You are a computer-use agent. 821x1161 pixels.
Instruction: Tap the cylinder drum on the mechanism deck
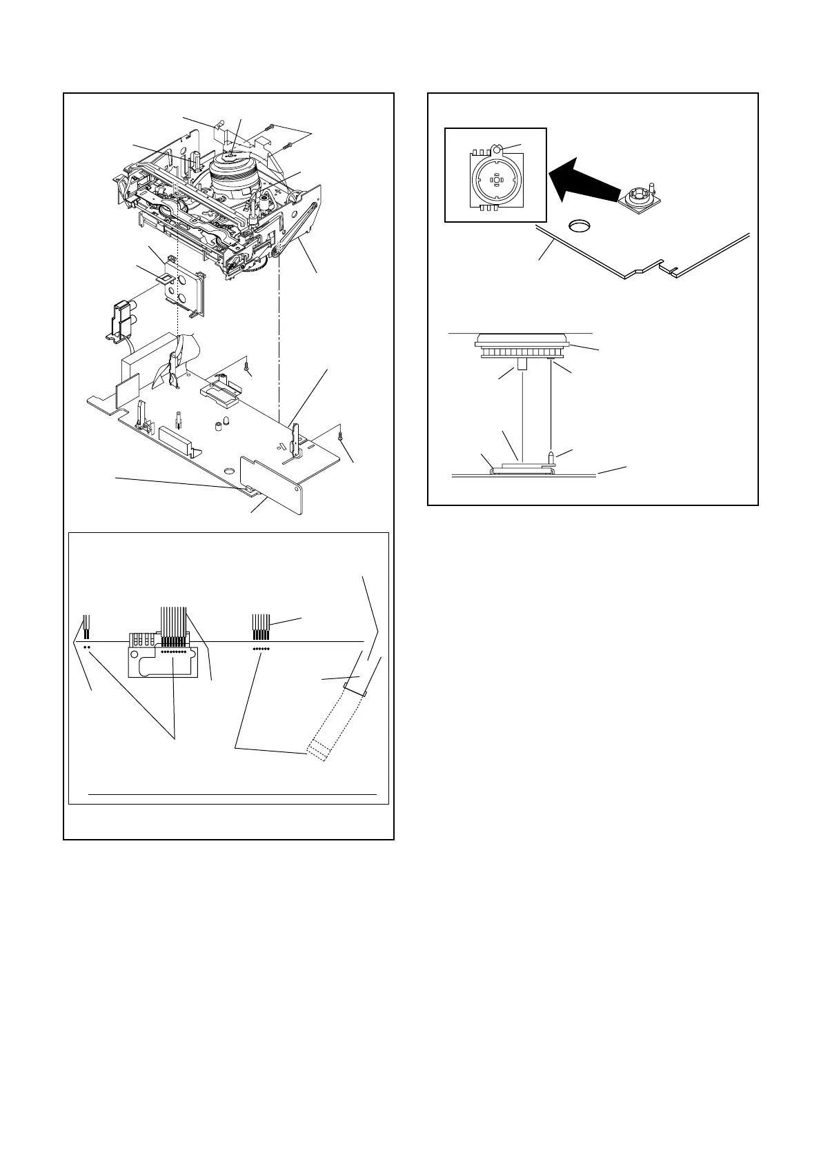[235, 176]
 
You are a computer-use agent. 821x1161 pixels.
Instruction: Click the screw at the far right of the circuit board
[341, 434]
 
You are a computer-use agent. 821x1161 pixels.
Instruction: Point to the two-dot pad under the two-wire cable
[88, 647]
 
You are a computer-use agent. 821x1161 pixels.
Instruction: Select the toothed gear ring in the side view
[521, 353]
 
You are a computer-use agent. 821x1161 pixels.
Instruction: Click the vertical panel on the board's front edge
[271, 485]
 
